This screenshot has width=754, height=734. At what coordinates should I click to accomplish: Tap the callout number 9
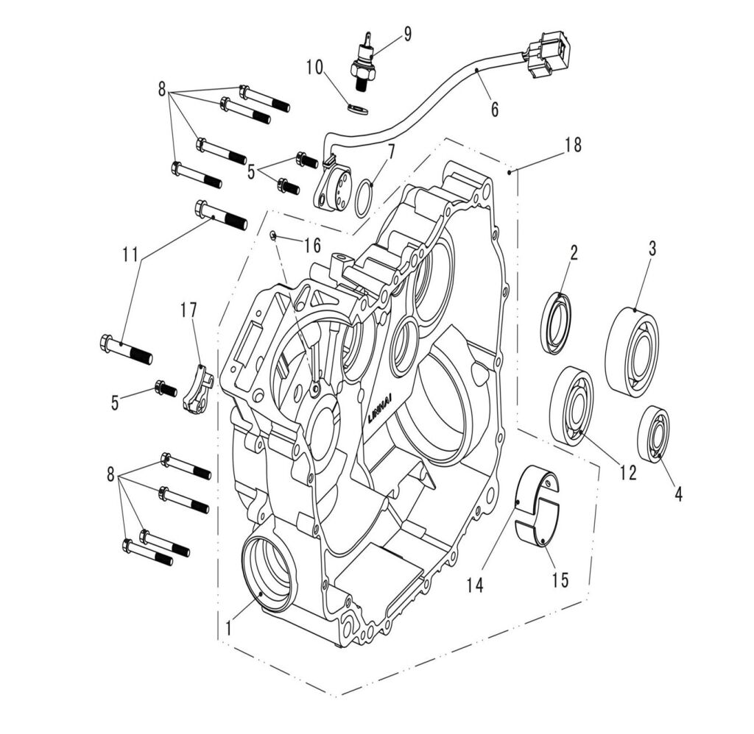pyautogui.click(x=407, y=34)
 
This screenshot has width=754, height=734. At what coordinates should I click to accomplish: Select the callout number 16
pyautogui.click(x=312, y=245)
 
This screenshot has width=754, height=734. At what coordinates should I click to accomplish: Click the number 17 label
pyautogui.click(x=189, y=311)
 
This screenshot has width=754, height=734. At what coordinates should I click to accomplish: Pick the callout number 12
pyautogui.click(x=627, y=473)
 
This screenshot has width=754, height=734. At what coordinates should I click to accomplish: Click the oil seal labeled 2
pyautogui.click(x=557, y=322)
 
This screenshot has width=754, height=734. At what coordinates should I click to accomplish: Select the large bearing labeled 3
pyautogui.click(x=632, y=352)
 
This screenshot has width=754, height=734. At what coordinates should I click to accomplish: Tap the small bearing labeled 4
pyautogui.click(x=653, y=434)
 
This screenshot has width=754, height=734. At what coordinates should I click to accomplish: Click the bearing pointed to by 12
pyautogui.click(x=572, y=405)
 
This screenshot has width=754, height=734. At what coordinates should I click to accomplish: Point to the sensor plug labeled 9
pyautogui.click(x=363, y=63)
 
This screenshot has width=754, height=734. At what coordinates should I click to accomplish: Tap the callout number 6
pyautogui.click(x=495, y=110)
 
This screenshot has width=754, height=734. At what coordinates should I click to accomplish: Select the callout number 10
pyautogui.click(x=315, y=68)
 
